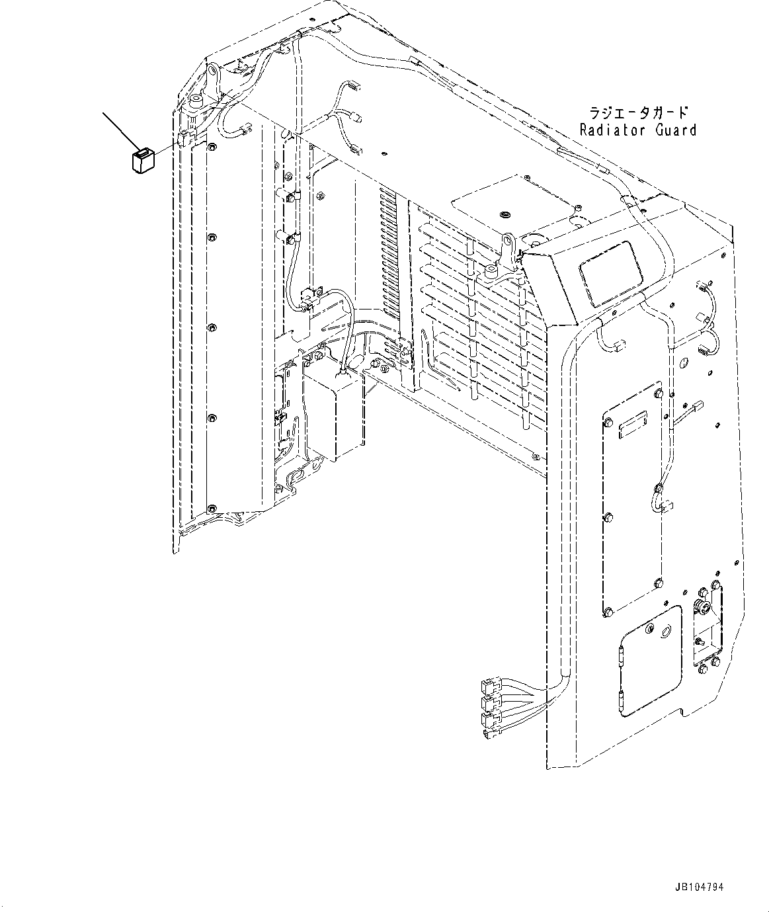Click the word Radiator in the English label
pos(610,130)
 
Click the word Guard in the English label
pos(675,130)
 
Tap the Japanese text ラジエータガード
pos(629,112)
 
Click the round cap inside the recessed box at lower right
pos(701,606)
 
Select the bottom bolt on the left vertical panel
pos(211,508)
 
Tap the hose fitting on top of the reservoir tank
pos(343,375)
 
